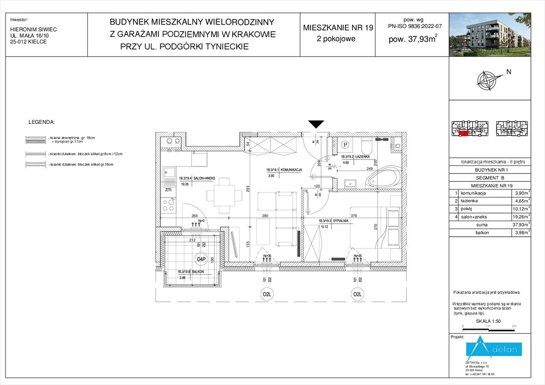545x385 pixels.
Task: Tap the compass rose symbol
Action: (490, 80)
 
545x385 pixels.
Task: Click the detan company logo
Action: (494, 348)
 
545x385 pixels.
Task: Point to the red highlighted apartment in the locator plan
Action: (464, 133)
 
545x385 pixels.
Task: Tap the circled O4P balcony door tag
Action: (202, 259)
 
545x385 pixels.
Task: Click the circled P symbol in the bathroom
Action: (345, 145)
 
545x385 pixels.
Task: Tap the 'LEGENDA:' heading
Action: (42, 122)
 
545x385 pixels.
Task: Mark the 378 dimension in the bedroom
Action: (354, 216)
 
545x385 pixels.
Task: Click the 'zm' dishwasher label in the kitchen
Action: (168, 190)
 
